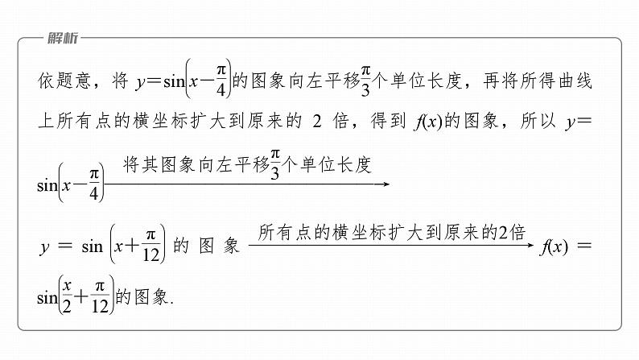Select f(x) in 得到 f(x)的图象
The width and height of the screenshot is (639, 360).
pyautogui.click(x=427, y=123)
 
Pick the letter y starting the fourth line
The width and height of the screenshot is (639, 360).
pyautogui.click(x=45, y=249)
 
